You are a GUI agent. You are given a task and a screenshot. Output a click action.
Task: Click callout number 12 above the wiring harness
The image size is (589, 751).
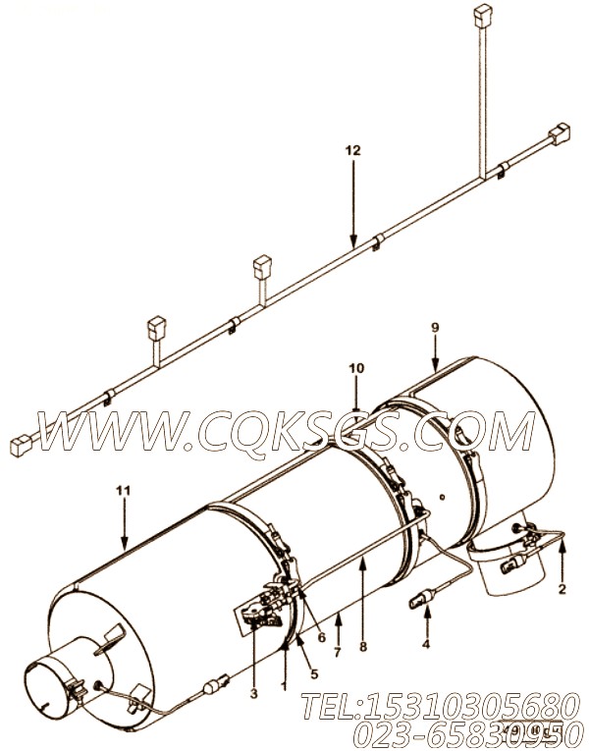pyautogui.click(x=352, y=150)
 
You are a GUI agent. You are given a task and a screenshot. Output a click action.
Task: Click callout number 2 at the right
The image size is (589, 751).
pyautogui.click(x=562, y=590)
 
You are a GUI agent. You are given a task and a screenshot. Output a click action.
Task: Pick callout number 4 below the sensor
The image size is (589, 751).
pyautogui.click(x=425, y=645)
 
